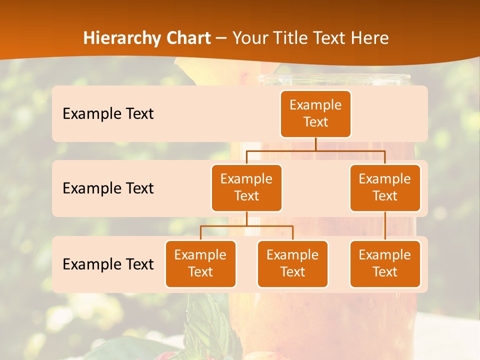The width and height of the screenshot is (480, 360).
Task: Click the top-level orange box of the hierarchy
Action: [315, 113]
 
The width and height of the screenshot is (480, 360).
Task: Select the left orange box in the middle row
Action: [246, 187]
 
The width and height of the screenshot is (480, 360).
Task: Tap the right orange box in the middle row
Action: [385, 187]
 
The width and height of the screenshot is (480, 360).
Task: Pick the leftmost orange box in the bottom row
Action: [200, 263]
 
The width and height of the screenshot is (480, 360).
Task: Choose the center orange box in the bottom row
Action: [292, 263]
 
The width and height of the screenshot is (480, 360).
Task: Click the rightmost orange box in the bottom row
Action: [385, 263]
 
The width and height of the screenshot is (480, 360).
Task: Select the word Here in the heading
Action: [370, 38]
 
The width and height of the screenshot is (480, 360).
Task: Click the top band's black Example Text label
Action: [108, 113]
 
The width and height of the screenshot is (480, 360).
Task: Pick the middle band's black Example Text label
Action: [108, 188]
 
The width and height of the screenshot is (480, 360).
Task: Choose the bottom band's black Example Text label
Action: [108, 264]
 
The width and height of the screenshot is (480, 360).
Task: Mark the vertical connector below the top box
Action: [315, 144]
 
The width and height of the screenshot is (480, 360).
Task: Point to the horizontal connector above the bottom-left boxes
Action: [246, 226]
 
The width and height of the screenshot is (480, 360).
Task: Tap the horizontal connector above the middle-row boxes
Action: [315, 150]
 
